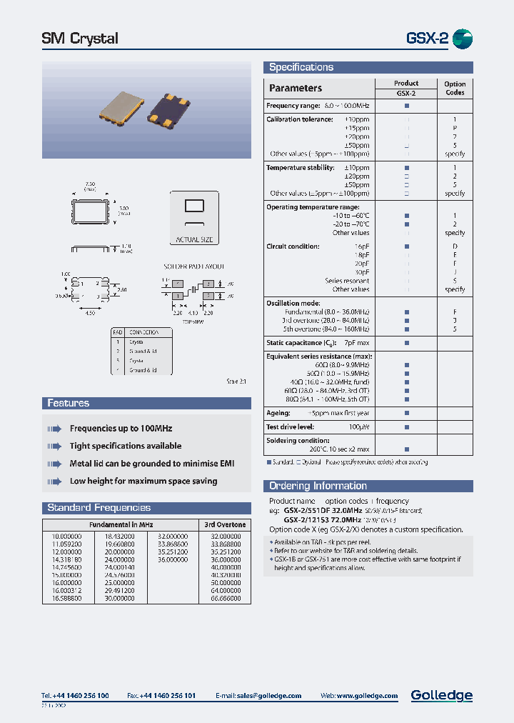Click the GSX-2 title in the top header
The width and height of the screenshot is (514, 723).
click(427, 39)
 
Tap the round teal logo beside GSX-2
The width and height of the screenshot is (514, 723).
click(463, 39)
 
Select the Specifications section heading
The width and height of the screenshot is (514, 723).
click(301, 67)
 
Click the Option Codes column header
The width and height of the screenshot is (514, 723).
click(455, 88)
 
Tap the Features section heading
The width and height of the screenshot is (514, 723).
click(69, 404)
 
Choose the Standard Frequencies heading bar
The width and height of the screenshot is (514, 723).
click(99, 508)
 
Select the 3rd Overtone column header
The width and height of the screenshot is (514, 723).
click(225, 524)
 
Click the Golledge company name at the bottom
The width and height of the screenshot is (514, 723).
click(441, 695)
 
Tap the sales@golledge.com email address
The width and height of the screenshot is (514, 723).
click(268, 696)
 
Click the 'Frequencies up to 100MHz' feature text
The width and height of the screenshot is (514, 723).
click(121, 429)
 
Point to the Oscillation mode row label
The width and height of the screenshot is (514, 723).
click(293, 303)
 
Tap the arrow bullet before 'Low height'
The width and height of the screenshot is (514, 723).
click(54, 482)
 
